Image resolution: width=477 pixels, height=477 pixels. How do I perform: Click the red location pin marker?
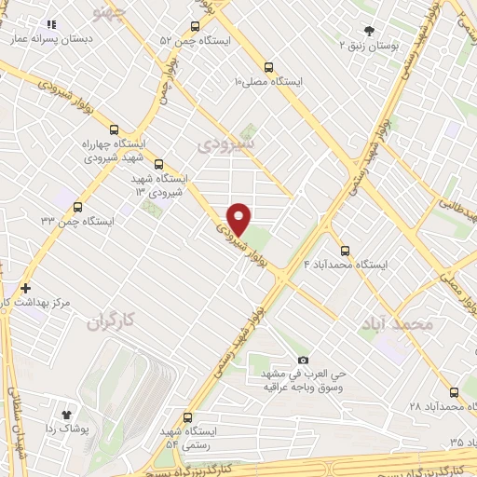click(239, 218)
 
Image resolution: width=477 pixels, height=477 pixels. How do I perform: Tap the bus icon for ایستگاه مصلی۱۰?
click(268, 67)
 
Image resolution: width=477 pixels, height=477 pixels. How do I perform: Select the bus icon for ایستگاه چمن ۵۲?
click(195, 26)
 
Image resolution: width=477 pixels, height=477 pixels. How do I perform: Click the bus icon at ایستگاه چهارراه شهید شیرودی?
click(115, 129)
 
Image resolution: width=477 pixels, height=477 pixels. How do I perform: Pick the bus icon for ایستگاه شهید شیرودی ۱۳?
click(158, 163)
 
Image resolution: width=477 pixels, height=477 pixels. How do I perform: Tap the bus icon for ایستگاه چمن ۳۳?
click(77, 208)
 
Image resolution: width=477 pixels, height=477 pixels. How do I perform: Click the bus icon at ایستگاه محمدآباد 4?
click(345, 250)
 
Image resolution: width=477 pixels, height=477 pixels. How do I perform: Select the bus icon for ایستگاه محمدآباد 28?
click(455, 392)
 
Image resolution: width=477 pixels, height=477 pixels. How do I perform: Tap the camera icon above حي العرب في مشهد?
click(302, 360)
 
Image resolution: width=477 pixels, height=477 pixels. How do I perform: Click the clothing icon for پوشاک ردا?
click(66, 415)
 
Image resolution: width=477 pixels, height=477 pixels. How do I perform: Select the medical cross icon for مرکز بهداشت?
click(25, 289)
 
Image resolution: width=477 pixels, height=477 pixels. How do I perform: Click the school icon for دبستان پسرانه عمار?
click(52, 25)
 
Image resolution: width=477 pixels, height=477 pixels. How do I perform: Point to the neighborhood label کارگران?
click(110, 322)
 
